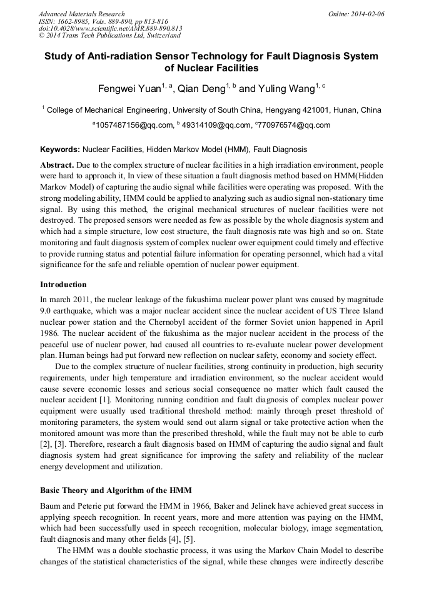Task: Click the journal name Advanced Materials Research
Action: [81, 14]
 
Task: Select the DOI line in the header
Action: [110, 29]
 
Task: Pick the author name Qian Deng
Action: [203, 89]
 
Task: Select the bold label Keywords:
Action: [60, 150]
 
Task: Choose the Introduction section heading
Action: [63, 285]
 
